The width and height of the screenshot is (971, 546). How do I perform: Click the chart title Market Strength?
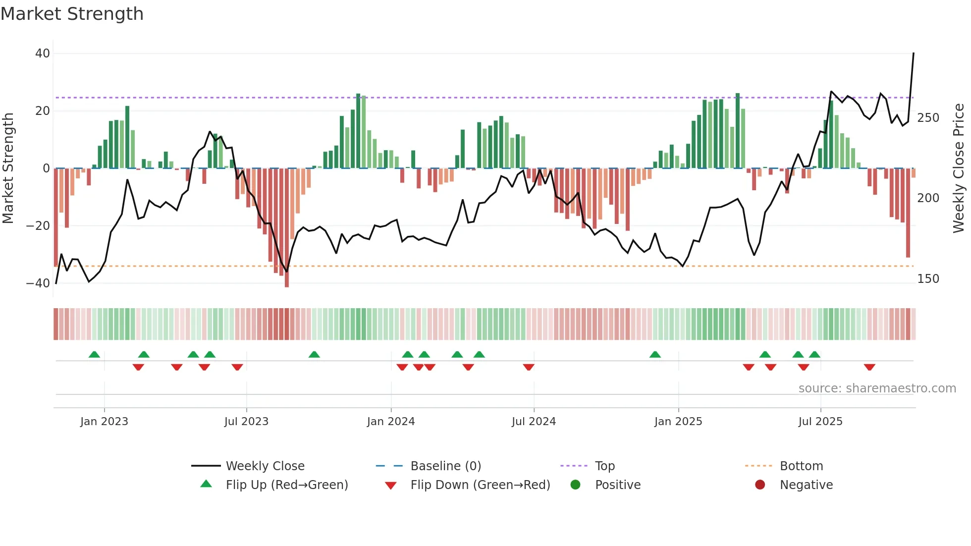click(x=72, y=14)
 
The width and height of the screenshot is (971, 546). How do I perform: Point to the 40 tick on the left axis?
click(x=43, y=54)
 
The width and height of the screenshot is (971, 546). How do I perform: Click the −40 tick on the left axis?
click(x=38, y=283)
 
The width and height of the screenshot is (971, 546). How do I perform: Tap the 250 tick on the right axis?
click(x=928, y=118)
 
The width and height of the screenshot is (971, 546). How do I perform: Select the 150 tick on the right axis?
click(x=928, y=279)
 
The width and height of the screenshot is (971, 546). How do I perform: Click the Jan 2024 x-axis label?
click(x=391, y=422)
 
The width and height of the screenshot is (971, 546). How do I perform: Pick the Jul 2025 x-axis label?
click(x=820, y=422)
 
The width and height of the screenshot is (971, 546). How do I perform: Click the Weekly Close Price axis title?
click(x=959, y=168)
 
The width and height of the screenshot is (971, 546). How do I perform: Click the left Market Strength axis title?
click(x=8, y=168)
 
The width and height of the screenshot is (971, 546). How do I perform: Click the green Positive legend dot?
click(x=575, y=485)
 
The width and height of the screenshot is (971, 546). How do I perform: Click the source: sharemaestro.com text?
click(x=877, y=388)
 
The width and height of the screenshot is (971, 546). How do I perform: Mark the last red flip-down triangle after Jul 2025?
click(x=869, y=367)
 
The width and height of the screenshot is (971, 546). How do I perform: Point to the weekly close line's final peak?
click(x=914, y=54)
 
